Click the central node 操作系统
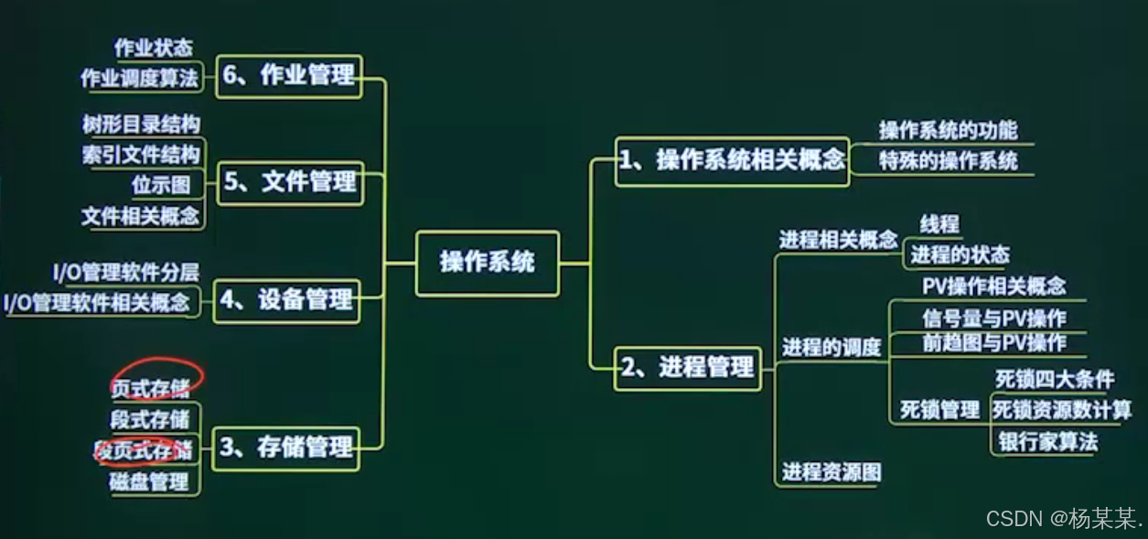point(487,263)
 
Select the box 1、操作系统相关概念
point(732,160)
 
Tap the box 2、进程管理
point(688,367)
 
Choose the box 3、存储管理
point(285,447)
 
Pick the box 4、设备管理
point(286,300)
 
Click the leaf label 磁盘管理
point(149,481)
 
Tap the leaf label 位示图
point(161,185)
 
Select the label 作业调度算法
point(139,79)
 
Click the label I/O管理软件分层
point(125,271)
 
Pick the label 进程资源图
point(831,472)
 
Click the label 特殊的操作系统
point(948,161)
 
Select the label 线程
point(939,224)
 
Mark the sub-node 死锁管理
point(939,409)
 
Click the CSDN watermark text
point(1064,519)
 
